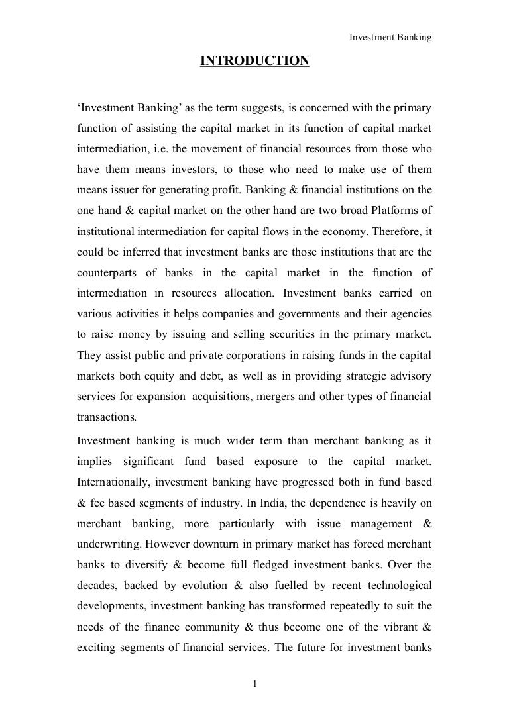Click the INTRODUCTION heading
[x=254, y=62]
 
